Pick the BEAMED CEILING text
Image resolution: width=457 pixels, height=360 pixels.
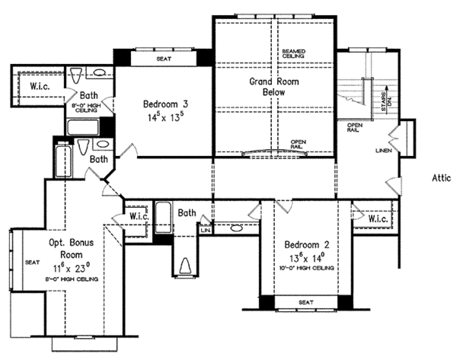point(292,53)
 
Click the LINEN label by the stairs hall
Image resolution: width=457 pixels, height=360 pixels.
point(383,150)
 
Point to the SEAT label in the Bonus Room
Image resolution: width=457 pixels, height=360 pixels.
point(32,262)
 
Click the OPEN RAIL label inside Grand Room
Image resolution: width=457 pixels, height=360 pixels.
point(298,142)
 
